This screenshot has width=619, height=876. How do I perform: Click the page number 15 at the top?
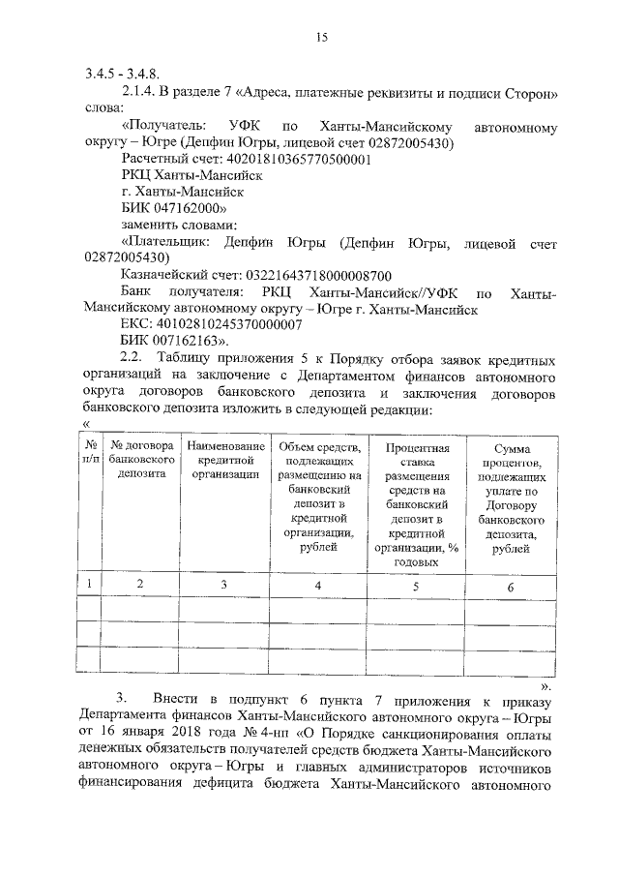[322, 38]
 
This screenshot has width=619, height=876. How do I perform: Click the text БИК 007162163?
[174, 341]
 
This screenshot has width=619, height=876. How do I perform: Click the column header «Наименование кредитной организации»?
[223, 460]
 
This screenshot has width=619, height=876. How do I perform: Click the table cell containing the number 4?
[318, 585]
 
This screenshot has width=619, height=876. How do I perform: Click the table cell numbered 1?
[89, 584]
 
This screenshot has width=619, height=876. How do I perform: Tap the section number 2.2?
[133, 357]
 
